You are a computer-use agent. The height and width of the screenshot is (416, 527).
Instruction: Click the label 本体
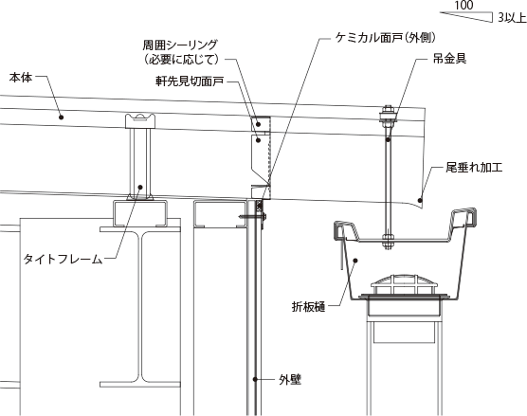(21, 78)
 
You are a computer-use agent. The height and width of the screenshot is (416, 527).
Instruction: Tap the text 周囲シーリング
(180, 45)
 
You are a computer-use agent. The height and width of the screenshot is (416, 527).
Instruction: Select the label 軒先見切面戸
(190, 81)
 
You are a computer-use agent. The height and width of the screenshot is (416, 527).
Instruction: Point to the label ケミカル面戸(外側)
(385, 38)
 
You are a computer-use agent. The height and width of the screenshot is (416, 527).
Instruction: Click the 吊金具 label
(449, 59)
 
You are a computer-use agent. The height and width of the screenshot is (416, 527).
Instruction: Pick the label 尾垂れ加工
(474, 167)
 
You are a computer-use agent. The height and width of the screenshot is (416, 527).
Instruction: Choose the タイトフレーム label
(63, 259)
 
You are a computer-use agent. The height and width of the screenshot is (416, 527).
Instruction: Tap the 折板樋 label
(309, 307)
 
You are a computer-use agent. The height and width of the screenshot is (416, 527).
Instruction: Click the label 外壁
(290, 380)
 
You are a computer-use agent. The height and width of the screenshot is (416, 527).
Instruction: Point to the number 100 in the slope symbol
(463, 5)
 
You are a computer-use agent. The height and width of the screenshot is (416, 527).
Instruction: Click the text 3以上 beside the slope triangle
(512, 17)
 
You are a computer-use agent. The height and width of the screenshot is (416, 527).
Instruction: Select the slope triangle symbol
(466, 17)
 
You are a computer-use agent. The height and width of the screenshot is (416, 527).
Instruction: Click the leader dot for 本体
(62, 118)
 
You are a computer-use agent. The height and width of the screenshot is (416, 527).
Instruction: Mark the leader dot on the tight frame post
(140, 188)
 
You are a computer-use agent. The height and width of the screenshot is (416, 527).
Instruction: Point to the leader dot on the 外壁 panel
(255, 379)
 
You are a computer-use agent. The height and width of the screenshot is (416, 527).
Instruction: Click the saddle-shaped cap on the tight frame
(140, 121)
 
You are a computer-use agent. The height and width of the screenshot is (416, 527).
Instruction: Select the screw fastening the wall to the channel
(253, 216)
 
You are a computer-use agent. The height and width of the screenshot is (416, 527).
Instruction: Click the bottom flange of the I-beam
(140, 384)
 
